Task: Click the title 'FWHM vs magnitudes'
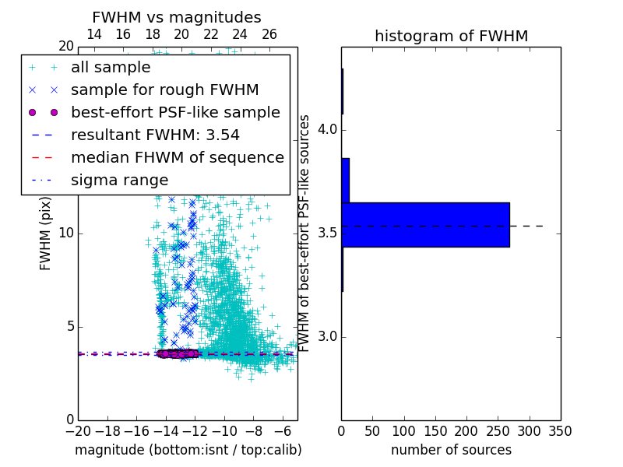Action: pyautogui.click(x=177, y=18)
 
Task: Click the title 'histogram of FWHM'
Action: pyautogui.click(x=451, y=37)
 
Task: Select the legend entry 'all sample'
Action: pyautogui.click(x=111, y=68)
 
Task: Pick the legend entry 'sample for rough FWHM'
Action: pyautogui.click(x=164, y=90)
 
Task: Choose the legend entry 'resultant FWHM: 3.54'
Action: pyautogui.click(x=155, y=135)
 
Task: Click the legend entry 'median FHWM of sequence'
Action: pyautogui.click(x=178, y=158)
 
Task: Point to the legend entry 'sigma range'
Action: pyautogui.click(x=119, y=181)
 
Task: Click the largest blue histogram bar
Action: pyautogui.click(x=425, y=225)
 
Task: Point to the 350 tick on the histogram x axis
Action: pyautogui.click(x=561, y=430)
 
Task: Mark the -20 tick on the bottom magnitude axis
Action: pyautogui.click(x=78, y=430)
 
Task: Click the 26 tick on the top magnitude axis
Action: pyautogui.click(x=269, y=34)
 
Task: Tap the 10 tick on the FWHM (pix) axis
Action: pyautogui.click(x=65, y=233)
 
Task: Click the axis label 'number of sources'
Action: pyautogui.click(x=451, y=450)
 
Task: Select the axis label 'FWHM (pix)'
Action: pyautogui.click(x=46, y=231)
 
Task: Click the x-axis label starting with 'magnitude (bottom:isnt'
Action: pyautogui.click(x=188, y=450)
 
